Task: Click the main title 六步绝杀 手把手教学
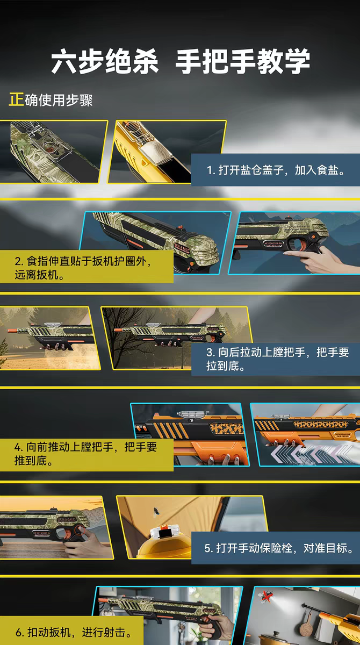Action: click(181, 61)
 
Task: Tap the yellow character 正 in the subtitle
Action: click(16, 99)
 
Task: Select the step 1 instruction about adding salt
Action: click(276, 170)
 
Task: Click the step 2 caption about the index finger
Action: click(83, 268)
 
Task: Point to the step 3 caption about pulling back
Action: click(277, 359)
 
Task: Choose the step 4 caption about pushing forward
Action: click(85, 454)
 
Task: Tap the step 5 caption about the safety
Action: click(279, 548)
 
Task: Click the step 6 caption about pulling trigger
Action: click(74, 632)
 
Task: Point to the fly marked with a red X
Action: click(267, 596)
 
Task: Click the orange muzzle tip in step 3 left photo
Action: click(13, 330)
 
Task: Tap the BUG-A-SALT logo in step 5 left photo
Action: click(66, 519)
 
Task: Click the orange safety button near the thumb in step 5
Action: click(78, 530)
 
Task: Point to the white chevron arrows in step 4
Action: click(312, 454)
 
